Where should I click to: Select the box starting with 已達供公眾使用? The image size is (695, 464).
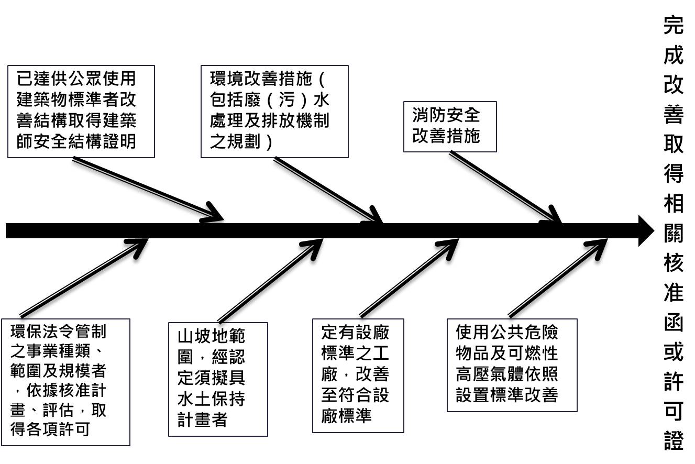[81, 111]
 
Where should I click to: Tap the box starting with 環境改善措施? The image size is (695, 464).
[274, 111]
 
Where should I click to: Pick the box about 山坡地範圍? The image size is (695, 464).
[218, 379]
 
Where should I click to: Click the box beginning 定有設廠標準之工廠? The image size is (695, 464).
[358, 375]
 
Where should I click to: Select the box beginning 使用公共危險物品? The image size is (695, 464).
[512, 364]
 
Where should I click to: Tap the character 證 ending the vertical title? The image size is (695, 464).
[674, 441]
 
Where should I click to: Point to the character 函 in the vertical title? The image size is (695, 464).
[674, 323]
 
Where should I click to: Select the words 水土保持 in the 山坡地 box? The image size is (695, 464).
[211, 400]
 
